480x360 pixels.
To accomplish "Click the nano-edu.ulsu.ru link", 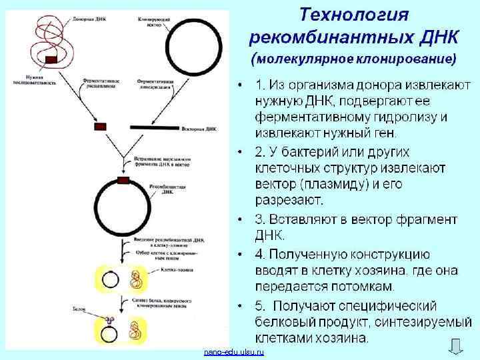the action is pyautogui.click(x=234, y=351).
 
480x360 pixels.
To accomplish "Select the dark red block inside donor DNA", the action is pyautogui.click(x=51, y=60).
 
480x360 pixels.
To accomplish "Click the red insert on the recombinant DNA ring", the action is pyautogui.click(x=123, y=179).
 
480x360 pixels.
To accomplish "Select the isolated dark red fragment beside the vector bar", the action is pyautogui.click(x=101, y=126).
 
